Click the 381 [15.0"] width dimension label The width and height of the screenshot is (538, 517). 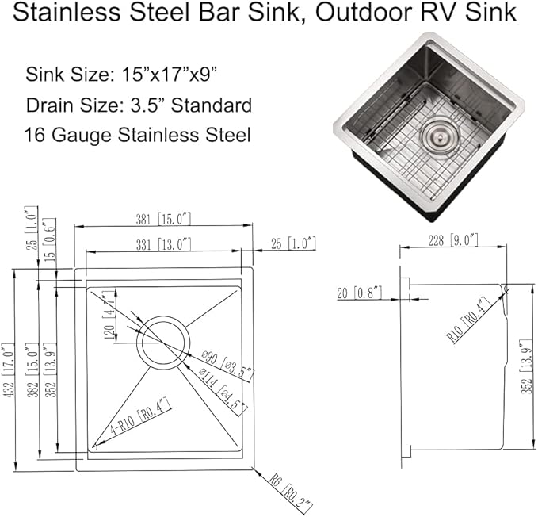[162, 219]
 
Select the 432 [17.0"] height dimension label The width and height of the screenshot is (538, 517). [8, 370]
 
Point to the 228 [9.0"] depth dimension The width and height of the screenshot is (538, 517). [452, 239]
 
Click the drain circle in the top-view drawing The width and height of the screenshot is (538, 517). [163, 342]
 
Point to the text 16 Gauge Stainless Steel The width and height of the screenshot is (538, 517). [138, 135]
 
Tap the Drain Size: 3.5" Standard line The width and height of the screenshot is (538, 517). [139, 105]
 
